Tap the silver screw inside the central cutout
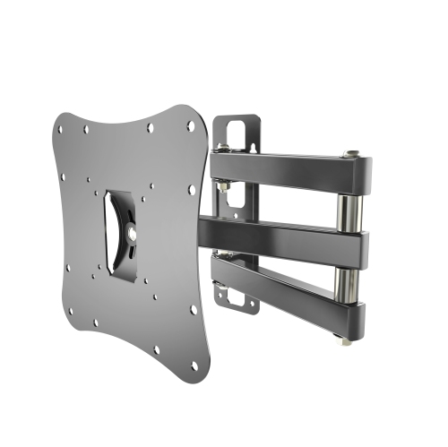[133, 232]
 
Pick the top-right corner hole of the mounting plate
[191, 126]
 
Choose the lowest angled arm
[287, 287]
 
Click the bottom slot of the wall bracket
[235, 297]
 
